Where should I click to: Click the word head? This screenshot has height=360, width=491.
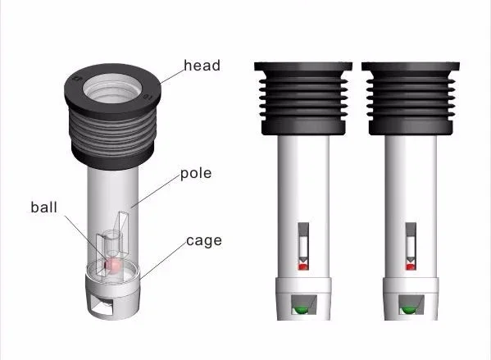pos(202,66)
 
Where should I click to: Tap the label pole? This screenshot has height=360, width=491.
pos(196,174)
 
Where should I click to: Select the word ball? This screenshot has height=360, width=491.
pos(43,207)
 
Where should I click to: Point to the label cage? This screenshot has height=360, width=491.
pos(204,241)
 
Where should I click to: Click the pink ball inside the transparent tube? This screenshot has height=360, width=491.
pos(113,266)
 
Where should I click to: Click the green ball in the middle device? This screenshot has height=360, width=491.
pos(301,310)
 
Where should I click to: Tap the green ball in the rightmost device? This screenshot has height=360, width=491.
pos(408,310)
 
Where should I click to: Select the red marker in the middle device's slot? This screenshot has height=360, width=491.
pos(303,267)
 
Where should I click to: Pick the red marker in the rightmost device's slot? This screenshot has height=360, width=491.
pos(411,267)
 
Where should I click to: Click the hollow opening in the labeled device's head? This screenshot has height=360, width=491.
pos(112,89)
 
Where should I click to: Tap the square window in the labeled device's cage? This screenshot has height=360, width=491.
pos(102,304)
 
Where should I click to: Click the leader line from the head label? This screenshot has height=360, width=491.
pos(172,77)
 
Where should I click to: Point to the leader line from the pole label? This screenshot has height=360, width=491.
pos(156,191)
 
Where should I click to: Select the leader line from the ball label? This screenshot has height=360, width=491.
pos(85,238)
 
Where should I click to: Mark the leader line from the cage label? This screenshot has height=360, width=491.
pos(163,261)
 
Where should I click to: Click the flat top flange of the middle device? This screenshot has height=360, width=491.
pos(303,66)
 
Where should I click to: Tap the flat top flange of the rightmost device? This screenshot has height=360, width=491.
pos(411,66)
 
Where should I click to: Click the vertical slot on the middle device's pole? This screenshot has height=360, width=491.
pos(303,246)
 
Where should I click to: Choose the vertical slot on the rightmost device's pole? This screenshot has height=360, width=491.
pos(411,246)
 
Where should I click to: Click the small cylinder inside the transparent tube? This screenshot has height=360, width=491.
pos(111,243)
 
